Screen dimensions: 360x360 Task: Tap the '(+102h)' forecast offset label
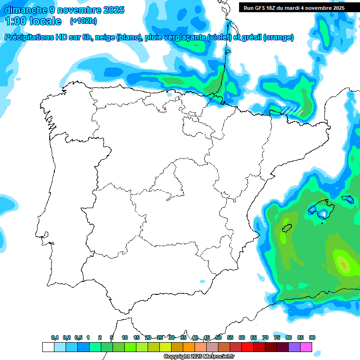coord(83,21)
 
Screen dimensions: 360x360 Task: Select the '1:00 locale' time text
coord(33,21)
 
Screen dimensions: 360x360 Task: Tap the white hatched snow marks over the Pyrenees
coord(292,111)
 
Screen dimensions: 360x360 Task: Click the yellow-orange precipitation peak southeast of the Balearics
coord(344,265)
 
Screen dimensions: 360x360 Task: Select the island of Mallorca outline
coord(321,208)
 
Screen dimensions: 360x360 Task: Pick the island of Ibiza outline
coord(286,229)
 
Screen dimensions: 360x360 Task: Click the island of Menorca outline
coord(347,199)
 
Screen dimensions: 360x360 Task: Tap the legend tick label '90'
coord(312,337)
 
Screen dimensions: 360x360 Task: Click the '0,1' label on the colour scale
coord(55,337)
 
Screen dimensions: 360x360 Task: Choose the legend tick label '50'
coord(218,337)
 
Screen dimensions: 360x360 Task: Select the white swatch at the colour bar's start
coord(48,347)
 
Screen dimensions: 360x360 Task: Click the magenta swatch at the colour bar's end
coord(306,347)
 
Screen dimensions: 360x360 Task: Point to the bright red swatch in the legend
coord(247,347)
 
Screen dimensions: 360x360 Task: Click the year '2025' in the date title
coord(109,10)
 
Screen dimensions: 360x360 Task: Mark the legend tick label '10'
coord(125,337)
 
